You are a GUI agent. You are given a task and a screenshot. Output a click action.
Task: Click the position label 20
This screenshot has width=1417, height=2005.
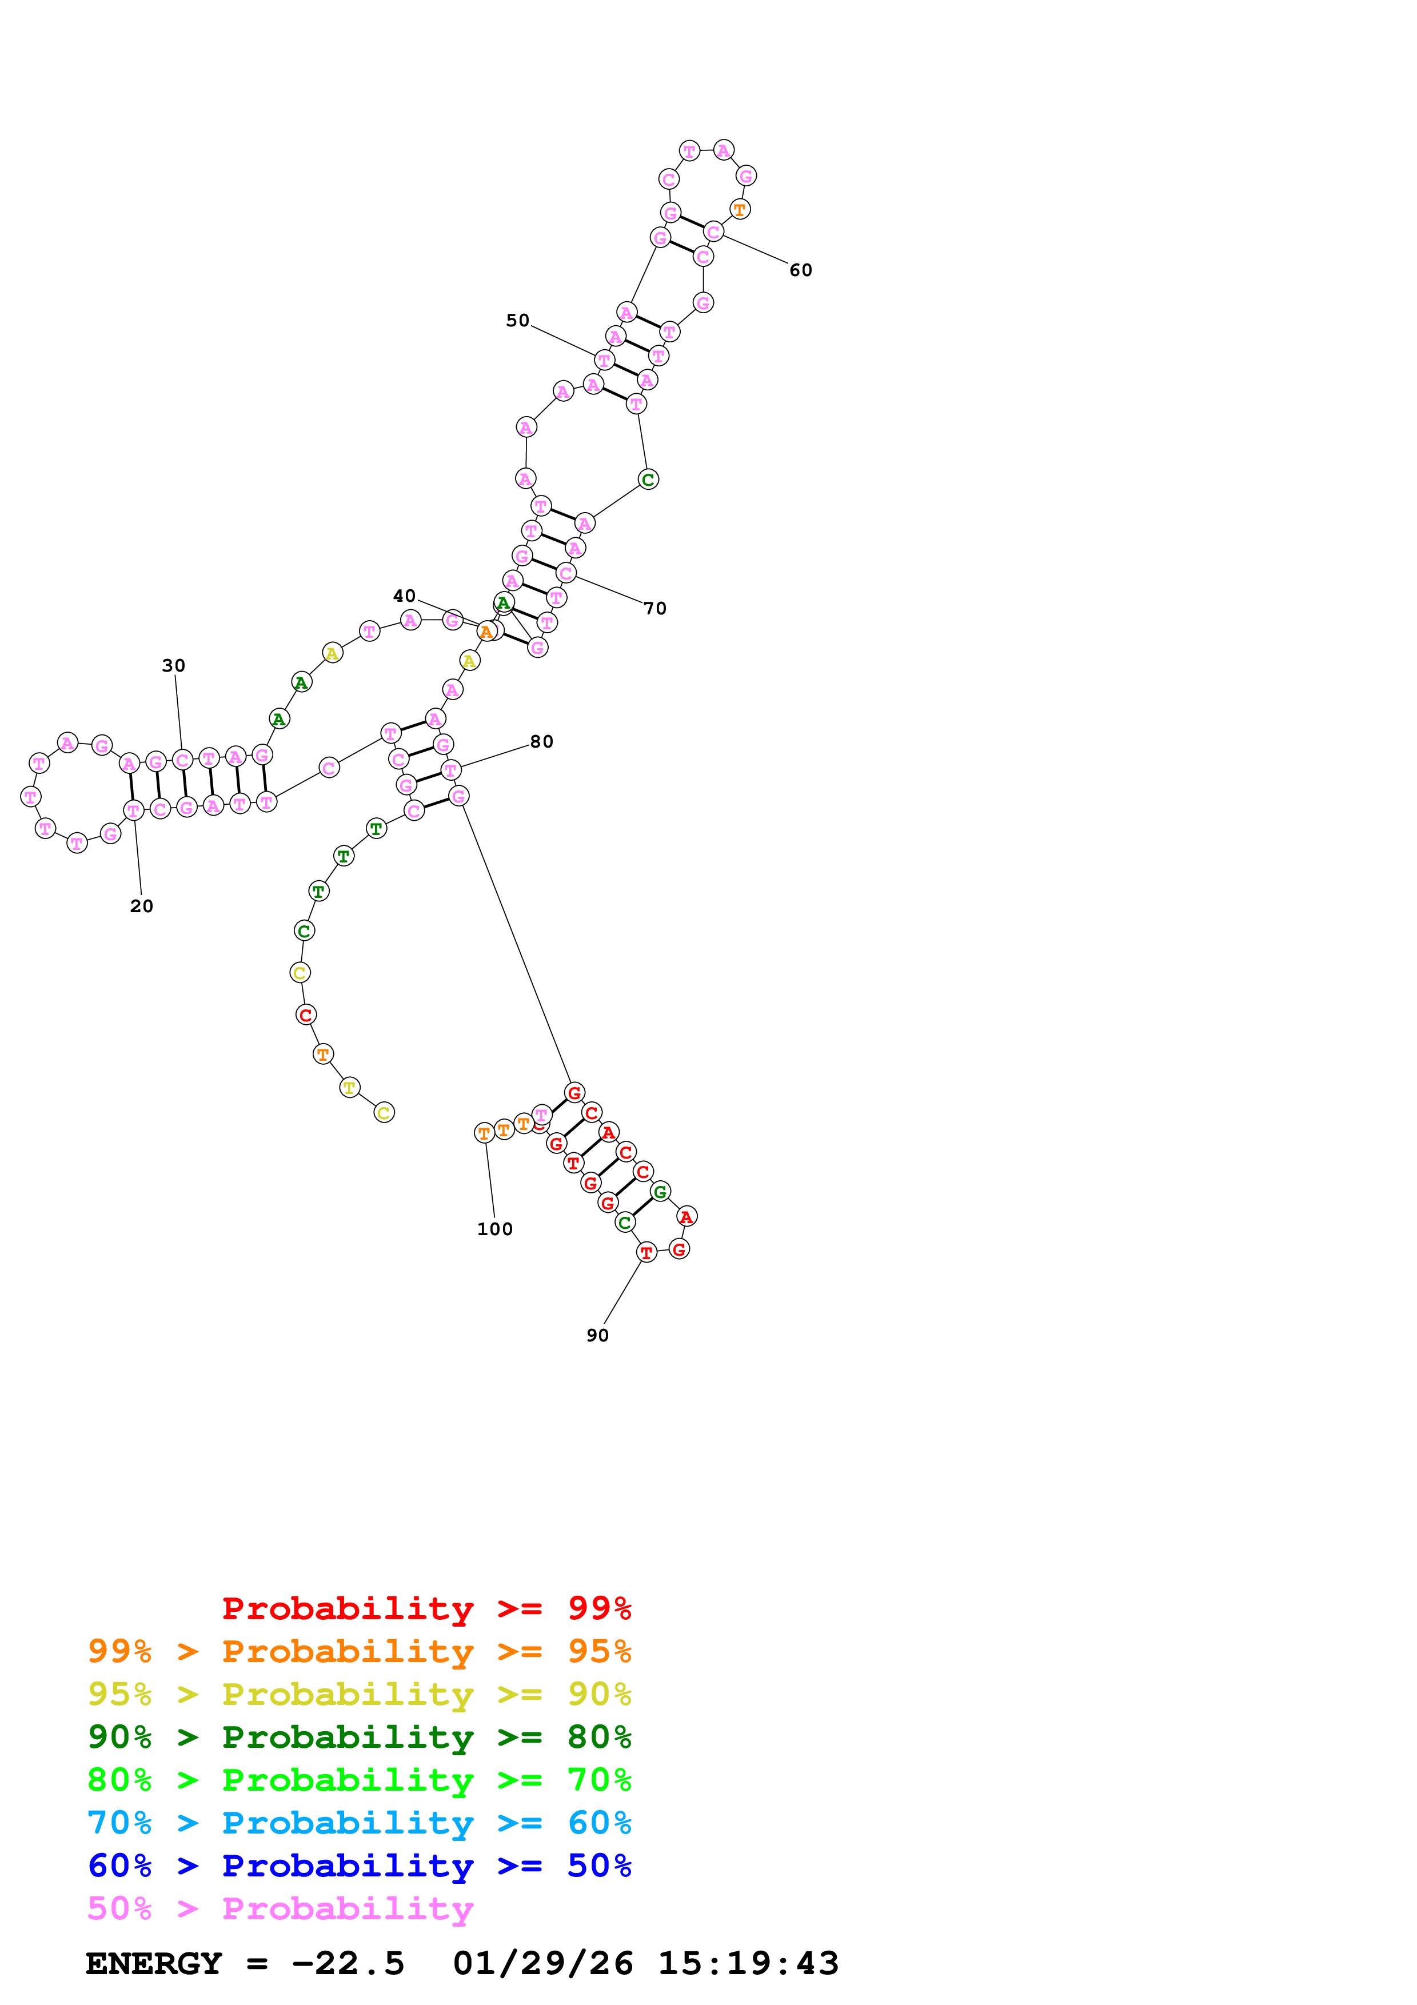141,906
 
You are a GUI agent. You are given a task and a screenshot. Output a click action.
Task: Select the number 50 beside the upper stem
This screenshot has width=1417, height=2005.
518,321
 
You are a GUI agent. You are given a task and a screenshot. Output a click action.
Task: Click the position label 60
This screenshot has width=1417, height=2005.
801,271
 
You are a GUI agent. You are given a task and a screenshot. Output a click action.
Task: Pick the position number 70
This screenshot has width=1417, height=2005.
655,609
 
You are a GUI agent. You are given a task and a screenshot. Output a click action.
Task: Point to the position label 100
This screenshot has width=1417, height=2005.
495,1229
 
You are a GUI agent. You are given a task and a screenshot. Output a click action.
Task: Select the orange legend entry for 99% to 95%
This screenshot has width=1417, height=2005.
359,1651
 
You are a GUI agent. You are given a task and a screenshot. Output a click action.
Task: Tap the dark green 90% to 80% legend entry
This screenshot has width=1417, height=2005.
359,1737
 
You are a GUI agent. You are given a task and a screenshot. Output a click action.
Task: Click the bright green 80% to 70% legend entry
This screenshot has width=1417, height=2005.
359,1780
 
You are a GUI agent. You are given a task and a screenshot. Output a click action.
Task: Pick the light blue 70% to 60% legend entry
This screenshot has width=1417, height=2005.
359,1823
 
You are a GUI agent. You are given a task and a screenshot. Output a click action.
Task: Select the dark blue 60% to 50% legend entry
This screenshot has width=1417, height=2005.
359,1866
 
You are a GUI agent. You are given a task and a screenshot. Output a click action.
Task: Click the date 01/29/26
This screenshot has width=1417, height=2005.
542,1964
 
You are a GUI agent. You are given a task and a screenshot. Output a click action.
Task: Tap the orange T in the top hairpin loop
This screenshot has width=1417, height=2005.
740,210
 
